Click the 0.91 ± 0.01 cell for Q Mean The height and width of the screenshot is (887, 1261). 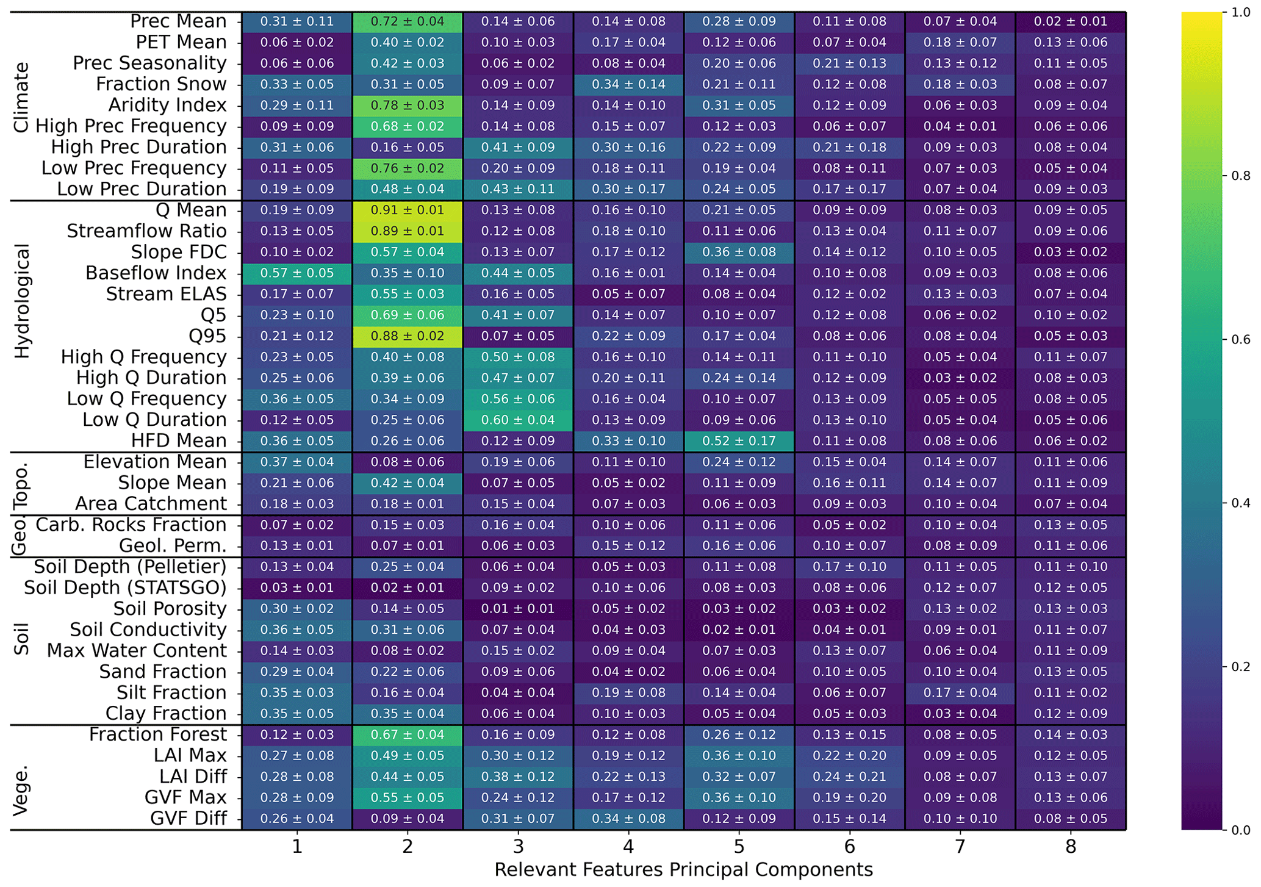[407, 210]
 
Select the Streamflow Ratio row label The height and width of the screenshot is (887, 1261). [146, 231]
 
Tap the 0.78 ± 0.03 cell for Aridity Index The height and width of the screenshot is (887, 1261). [407, 106]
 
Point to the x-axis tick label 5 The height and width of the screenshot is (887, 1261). [739, 847]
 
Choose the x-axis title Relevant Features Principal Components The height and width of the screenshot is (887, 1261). [683, 870]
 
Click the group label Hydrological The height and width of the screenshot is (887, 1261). [22, 301]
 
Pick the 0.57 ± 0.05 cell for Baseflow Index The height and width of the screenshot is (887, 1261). [296, 273]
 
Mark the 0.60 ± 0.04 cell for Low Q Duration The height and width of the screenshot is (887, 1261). [518, 420]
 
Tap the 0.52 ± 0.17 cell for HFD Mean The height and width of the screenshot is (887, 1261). [739, 441]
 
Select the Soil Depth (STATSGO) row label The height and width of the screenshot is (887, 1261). [125, 588]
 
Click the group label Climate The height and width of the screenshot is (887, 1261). [22, 98]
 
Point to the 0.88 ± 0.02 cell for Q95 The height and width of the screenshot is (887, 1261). [407, 336]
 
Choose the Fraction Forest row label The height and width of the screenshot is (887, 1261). [157, 734]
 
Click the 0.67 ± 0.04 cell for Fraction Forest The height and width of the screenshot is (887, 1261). [407, 735]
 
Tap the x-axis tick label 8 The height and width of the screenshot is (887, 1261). [1071, 847]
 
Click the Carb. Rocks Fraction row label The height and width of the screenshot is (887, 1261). [131, 525]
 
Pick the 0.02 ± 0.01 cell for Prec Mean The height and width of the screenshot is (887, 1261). [1071, 22]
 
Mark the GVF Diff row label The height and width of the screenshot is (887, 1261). [189, 819]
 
